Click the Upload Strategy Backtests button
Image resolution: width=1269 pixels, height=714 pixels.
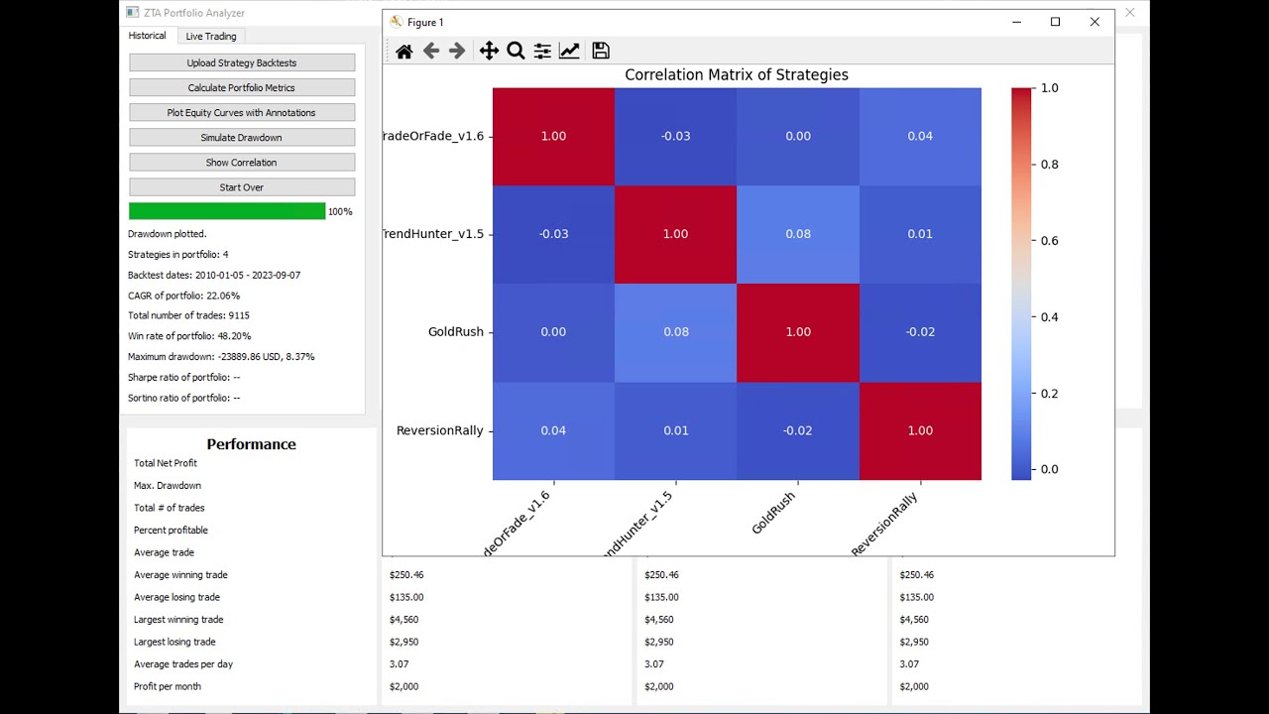click(x=242, y=62)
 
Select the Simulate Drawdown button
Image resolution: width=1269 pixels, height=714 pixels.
click(x=242, y=137)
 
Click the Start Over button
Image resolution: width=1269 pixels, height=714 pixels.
click(x=242, y=186)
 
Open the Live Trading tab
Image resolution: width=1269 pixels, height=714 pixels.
click(x=211, y=36)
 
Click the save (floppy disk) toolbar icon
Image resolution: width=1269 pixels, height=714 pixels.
click(x=600, y=51)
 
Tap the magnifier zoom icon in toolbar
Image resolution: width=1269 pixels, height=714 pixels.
click(x=516, y=51)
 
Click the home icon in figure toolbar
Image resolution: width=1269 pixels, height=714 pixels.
click(x=404, y=51)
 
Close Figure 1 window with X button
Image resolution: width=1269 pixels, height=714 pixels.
click(x=1095, y=22)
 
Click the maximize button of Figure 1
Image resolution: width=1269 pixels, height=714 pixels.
click(x=1055, y=22)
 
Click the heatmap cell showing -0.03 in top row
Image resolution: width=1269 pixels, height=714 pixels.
click(x=676, y=136)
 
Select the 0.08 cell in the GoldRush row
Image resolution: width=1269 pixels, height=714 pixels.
click(x=676, y=331)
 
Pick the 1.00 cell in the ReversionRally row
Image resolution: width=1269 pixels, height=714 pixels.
click(x=920, y=429)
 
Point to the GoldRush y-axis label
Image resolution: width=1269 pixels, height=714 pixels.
click(x=455, y=331)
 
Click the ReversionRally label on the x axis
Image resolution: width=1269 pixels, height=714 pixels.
click(x=886, y=524)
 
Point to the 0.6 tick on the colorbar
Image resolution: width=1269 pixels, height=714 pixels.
click(x=1049, y=240)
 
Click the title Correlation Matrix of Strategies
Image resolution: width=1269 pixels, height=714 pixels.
click(x=736, y=74)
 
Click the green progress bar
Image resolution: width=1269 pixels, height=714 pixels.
click(x=227, y=211)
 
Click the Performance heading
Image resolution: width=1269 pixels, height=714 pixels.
click(x=251, y=444)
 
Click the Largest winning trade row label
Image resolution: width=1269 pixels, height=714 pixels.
click(x=178, y=619)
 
